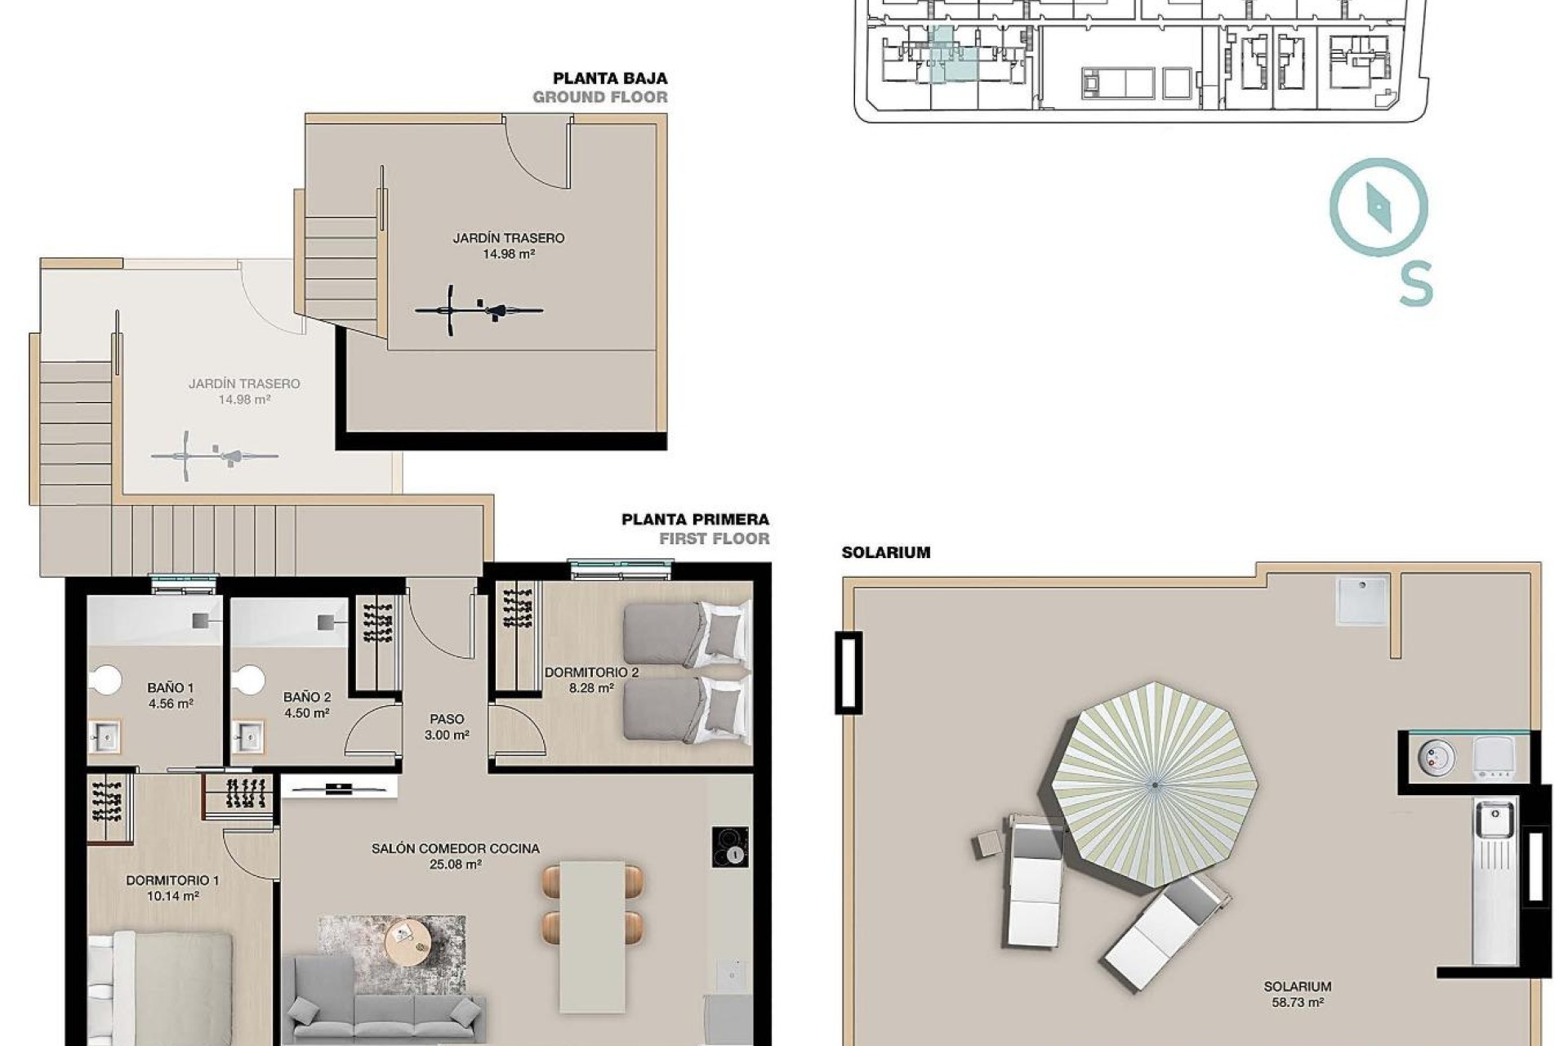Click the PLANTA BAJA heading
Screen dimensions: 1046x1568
610,78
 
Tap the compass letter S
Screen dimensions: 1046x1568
1416,284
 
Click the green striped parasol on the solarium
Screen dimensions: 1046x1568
1154,785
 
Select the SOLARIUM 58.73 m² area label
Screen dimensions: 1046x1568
1297,994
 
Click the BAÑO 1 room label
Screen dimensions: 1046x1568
171,695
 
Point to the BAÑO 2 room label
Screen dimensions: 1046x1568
306,704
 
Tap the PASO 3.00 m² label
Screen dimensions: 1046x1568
447,726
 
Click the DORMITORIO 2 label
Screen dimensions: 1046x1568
590,680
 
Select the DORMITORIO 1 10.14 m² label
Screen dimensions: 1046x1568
172,888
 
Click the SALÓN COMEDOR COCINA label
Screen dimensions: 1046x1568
455,856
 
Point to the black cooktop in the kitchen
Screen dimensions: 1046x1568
729,847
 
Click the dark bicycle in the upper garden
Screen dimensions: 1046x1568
479,310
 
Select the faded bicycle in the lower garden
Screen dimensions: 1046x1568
215,456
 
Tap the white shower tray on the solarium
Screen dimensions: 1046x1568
1361,601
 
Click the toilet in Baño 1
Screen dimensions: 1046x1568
106,679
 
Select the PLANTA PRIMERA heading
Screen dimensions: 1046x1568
694,520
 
